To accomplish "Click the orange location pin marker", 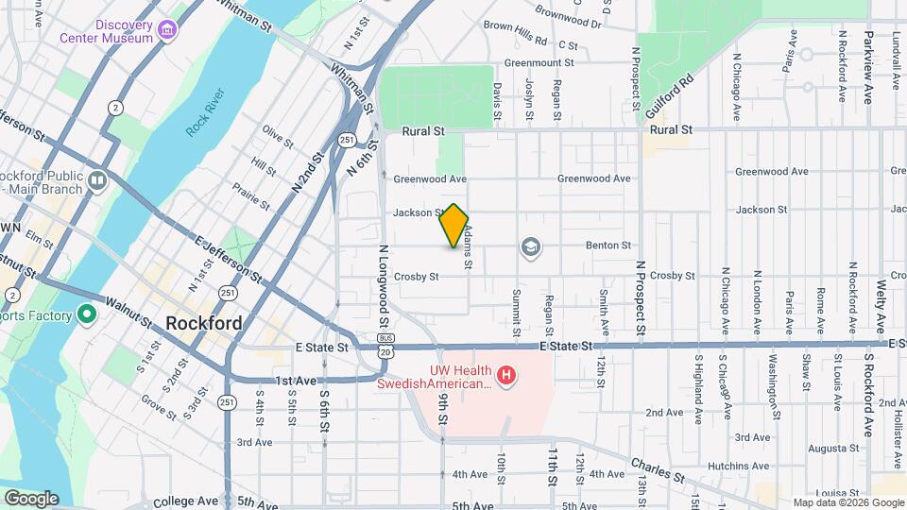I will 454,226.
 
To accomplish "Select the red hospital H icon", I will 507,377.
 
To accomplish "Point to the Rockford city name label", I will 203,323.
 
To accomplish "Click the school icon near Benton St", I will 531,247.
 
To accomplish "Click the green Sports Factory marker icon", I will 87,314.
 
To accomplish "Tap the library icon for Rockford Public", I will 97,179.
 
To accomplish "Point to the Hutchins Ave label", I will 741,466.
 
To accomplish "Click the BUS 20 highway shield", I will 385,344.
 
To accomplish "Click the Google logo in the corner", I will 30,498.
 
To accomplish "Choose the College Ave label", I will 185,501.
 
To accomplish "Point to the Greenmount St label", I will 539,63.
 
